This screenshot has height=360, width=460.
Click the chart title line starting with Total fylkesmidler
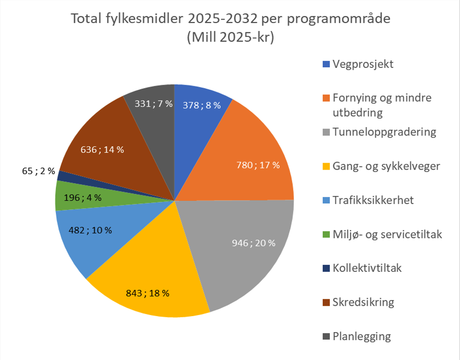[230, 19]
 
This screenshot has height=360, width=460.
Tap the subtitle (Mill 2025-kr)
[230, 38]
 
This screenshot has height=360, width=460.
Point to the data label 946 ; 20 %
[253, 243]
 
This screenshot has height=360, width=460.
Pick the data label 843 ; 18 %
[148, 293]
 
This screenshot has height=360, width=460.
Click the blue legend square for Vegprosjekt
[326, 64]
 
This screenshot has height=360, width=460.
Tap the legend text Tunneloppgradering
[384, 132]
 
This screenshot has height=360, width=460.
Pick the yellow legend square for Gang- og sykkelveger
[326, 166]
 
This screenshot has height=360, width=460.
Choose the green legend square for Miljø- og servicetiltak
[326, 234]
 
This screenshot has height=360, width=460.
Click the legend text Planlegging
[362, 336]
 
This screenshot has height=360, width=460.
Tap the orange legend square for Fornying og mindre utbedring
[326, 98]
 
